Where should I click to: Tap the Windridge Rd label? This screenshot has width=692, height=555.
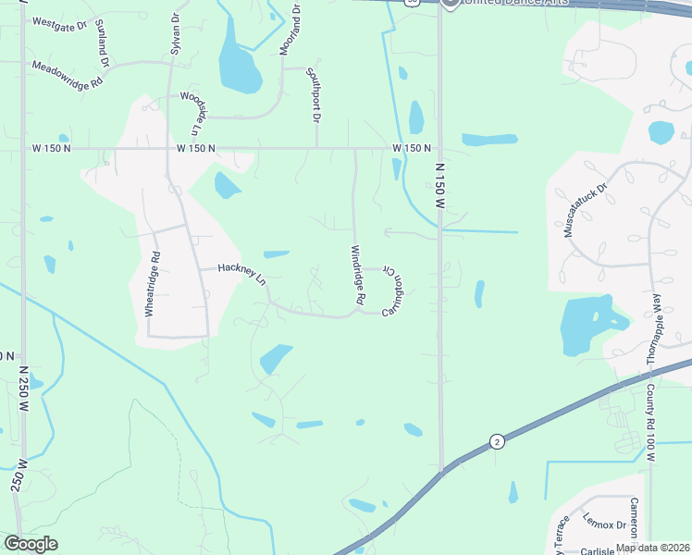[358, 276]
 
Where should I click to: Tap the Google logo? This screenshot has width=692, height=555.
[31, 543]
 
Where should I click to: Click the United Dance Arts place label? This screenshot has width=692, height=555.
[507, 4]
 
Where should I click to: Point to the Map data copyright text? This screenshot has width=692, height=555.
[652, 548]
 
